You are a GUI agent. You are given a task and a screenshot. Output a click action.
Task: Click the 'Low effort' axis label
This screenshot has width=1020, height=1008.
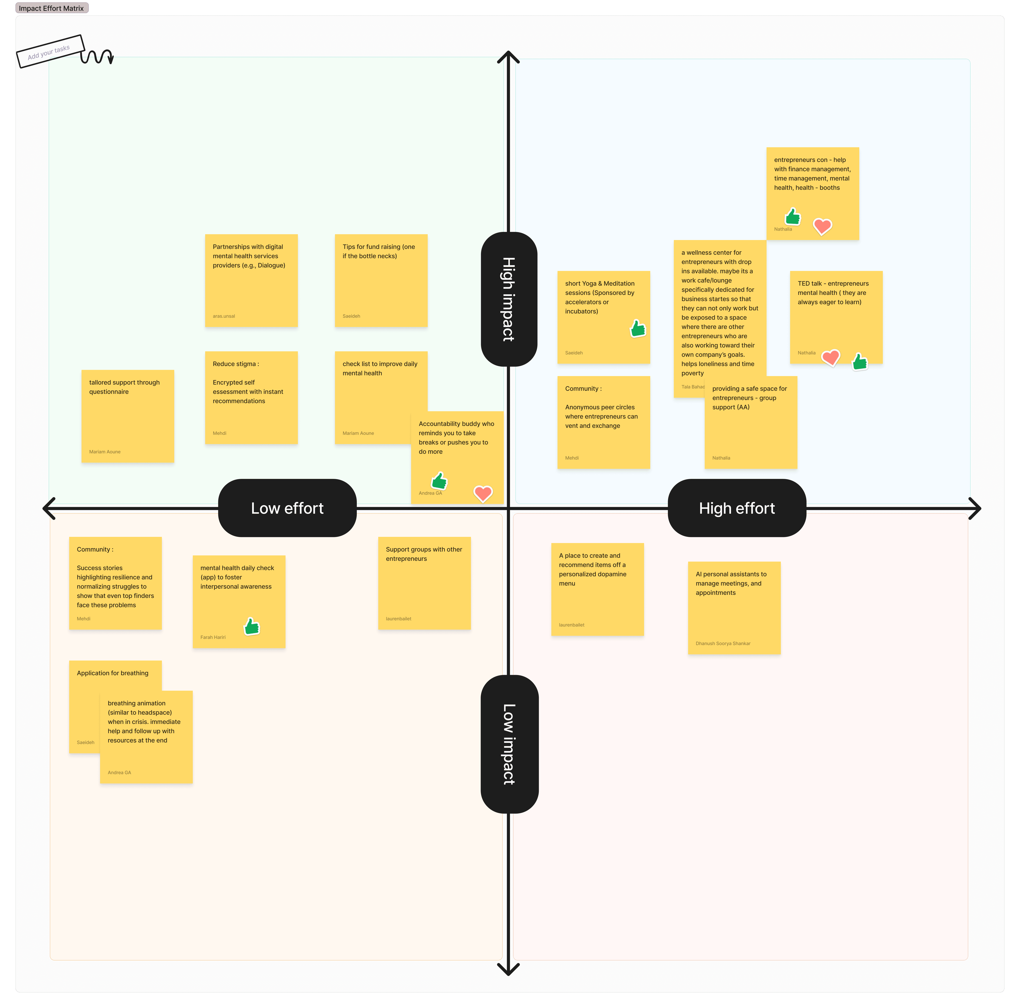(287, 508)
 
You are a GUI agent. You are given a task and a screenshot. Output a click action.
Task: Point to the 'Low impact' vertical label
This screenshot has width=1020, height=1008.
(509, 744)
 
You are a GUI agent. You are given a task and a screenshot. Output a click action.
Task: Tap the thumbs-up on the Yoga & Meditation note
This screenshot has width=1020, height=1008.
(638, 329)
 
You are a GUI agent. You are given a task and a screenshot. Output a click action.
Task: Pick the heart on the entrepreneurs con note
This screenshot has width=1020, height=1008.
(822, 226)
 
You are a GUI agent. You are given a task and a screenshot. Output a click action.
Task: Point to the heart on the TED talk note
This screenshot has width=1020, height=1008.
(830, 358)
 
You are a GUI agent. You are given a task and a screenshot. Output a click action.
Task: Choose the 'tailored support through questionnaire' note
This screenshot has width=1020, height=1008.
(127, 416)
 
